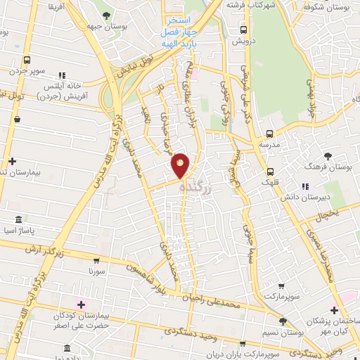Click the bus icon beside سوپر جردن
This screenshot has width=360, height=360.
[x=27, y=60]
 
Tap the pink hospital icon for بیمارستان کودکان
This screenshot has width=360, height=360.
[x=81, y=304]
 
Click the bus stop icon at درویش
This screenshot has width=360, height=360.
[x=244, y=30]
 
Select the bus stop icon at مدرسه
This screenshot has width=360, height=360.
[x=269, y=134]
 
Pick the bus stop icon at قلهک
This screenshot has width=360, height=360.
[x=270, y=172]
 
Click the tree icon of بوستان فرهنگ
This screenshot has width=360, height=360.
[x=328, y=156]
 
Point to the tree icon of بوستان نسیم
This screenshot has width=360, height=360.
[x=282, y=321]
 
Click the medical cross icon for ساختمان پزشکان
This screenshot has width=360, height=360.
[x=335, y=310]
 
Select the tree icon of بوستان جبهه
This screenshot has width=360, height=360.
[x=106, y=15]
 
